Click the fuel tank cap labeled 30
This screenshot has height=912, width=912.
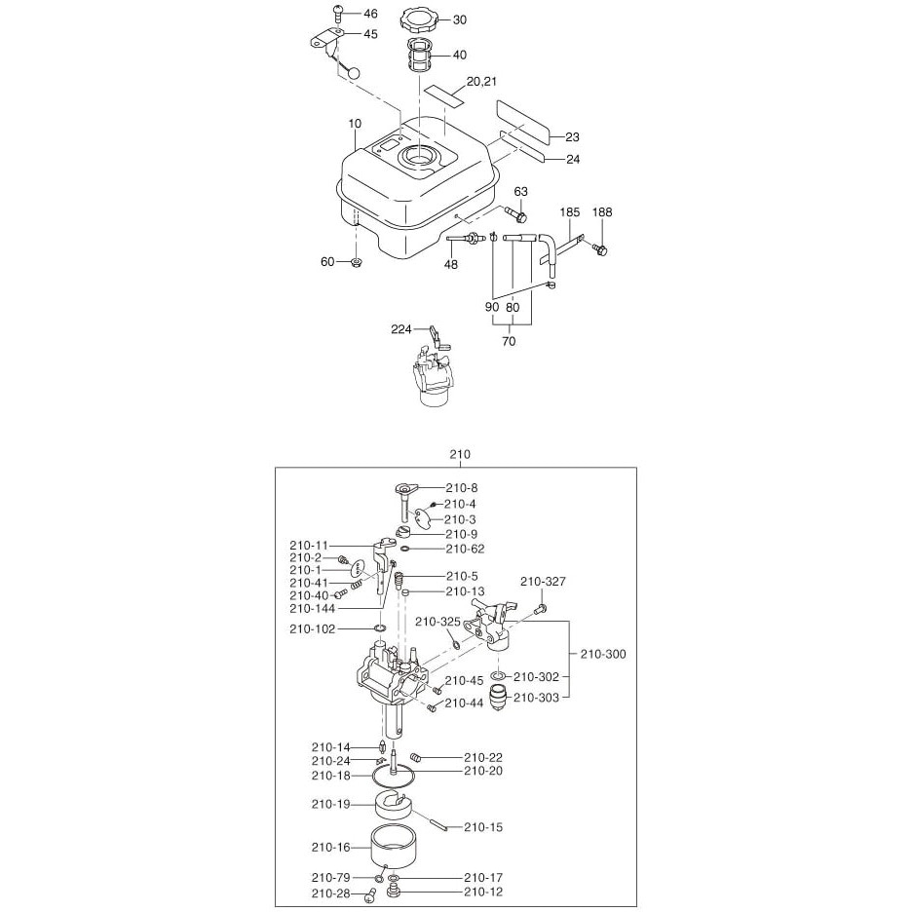click(419, 19)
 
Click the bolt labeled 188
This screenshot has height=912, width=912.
click(601, 250)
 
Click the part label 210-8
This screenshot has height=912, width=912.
click(463, 487)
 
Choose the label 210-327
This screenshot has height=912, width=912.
click(544, 582)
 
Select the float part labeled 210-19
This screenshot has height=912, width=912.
click(395, 806)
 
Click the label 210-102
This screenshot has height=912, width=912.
click(312, 629)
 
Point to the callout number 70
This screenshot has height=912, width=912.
click(508, 341)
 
